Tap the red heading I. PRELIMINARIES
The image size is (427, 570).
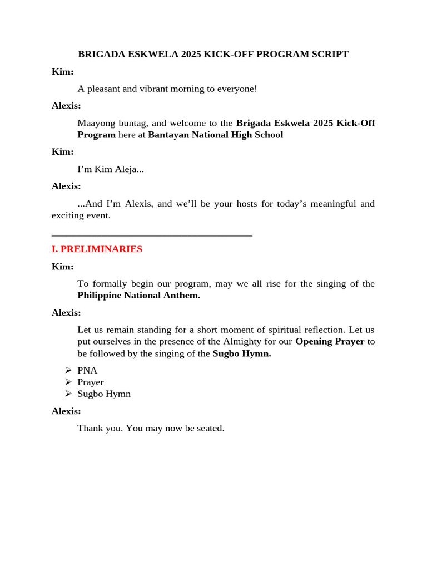[97, 249]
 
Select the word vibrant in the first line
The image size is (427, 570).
[151, 89]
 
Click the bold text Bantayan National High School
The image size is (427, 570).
[215, 135]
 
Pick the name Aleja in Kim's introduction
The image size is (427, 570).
[129, 169]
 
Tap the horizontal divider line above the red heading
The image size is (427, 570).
[152, 236]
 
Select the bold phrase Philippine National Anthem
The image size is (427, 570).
[138, 296]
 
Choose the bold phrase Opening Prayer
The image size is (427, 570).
[330, 341]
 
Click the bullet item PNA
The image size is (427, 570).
[87, 370]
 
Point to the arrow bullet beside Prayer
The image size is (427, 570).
[68, 382]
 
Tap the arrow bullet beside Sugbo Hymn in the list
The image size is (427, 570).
[68, 394]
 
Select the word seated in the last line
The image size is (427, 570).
[209, 429]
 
